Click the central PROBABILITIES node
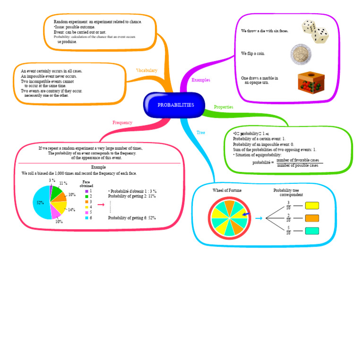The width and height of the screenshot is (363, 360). pyautogui.click(x=175, y=105)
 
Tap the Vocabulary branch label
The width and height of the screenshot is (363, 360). pyautogui.click(x=147, y=70)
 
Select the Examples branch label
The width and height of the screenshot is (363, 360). pyautogui.click(x=201, y=80)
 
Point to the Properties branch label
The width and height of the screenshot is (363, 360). pyautogui.click(x=224, y=107)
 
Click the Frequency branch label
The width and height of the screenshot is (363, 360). pyautogui.click(x=122, y=123)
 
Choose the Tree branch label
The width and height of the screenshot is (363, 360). pyautogui.click(x=201, y=133)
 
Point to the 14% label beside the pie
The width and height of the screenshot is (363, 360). pyautogui.click(x=71, y=210)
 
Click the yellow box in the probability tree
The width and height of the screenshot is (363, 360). pyautogui.click(x=312, y=206)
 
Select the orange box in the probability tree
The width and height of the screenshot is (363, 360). pyautogui.click(x=312, y=218)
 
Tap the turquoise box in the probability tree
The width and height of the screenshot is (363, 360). pyautogui.click(x=312, y=231)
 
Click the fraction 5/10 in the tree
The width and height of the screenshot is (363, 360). pyautogui.click(x=288, y=231)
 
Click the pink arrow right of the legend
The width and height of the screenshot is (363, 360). pyautogui.click(x=100, y=205)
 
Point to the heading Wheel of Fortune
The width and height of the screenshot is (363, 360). pyautogui.click(x=227, y=190)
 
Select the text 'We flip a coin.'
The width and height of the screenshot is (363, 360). pyautogui.click(x=253, y=53)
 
